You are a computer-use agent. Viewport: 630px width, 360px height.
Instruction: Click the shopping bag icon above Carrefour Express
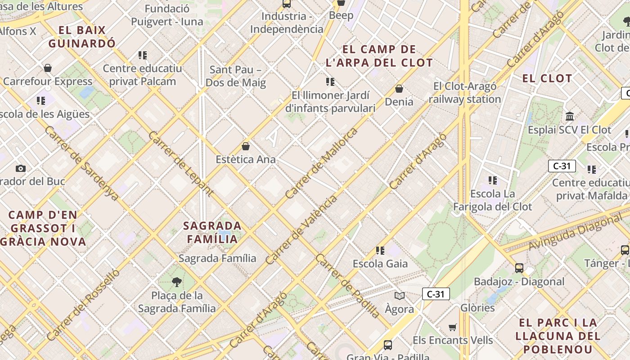(x=48, y=68)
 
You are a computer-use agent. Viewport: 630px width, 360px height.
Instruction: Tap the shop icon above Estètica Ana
(x=246, y=146)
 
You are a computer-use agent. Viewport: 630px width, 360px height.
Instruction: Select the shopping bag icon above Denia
(x=399, y=89)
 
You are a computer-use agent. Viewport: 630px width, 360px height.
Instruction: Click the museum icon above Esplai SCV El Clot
(x=570, y=117)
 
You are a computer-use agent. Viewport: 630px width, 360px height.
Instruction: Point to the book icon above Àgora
(x=400, y=296)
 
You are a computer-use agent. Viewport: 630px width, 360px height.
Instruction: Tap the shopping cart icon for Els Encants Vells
(x=453, y=327)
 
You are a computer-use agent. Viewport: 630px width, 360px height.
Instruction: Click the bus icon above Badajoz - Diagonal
(x=519, y=268)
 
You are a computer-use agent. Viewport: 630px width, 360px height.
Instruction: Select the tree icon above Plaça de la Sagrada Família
(x=177, y=282)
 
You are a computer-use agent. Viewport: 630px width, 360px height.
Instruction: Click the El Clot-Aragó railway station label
(x=465, y=93)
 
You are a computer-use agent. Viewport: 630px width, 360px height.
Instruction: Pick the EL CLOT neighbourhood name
(x=547, y=78)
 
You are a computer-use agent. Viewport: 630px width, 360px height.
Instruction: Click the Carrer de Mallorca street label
(x=322, y=163)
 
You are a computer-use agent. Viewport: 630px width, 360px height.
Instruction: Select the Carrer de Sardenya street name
(x=81, y=163)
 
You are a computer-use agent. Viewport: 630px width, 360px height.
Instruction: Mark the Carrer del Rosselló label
(x=83, y=304)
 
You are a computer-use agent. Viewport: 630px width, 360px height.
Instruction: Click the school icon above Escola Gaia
(x=380, y=251)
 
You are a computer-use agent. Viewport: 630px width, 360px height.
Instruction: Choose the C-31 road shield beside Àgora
(x=436, y=294)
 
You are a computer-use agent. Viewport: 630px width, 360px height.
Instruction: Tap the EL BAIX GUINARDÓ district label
(x=82, y=37)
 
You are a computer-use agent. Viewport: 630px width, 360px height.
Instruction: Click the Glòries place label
(x=477, y=308)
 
